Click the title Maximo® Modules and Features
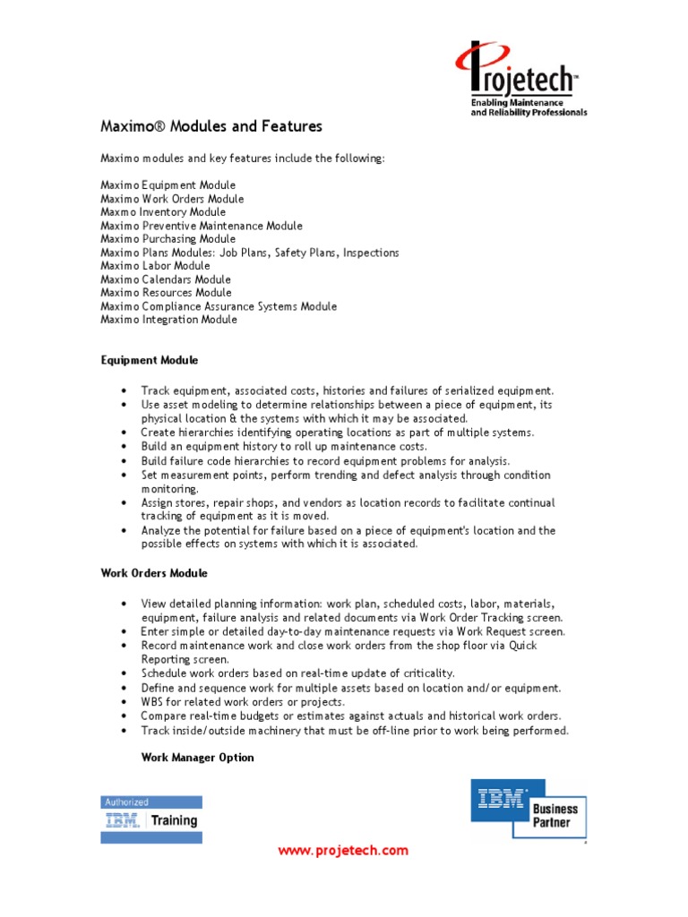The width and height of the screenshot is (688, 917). click(211, 126)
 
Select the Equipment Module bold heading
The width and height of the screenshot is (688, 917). click(149, 360)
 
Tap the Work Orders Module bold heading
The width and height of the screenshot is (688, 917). click(154, 573)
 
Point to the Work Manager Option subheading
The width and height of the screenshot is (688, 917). click(197, 758)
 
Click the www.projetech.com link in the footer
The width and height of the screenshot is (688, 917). click(343, 851)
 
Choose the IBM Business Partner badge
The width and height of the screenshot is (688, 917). click(529, 808)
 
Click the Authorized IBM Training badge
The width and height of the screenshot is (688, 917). click(150, 818)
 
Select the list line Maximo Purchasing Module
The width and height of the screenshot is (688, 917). click(168, 239)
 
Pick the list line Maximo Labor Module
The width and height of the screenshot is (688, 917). click(156, 266)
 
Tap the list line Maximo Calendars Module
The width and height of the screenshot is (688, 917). click(166, 279)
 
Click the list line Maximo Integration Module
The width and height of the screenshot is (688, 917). click(169, 320)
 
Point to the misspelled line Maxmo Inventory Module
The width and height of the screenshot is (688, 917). click(157, 212)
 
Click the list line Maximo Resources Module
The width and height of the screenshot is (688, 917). click(166, 293)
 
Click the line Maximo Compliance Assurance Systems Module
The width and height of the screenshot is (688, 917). click(219, 306)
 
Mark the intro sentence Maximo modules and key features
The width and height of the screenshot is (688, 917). click(242, 159)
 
